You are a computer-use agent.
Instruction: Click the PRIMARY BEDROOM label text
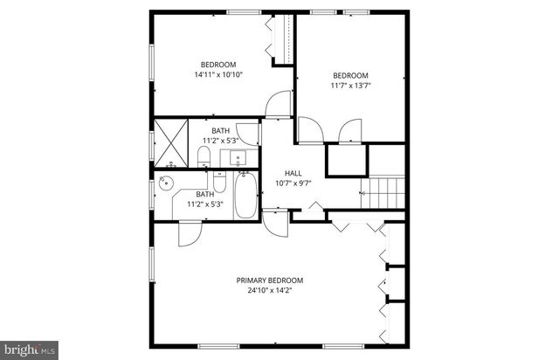click(x=270, y=280)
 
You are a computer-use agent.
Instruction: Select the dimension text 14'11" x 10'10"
click(x=217, y=75)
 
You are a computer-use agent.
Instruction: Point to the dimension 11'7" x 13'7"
click(x=349, y=86)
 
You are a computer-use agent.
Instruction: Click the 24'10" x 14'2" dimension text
click(x=270, y=290)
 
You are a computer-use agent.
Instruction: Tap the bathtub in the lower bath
click(x=246, y=197)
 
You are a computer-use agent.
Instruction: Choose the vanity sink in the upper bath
click(x=238, y=159)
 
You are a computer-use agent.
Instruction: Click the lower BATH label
click(x=204, y=194)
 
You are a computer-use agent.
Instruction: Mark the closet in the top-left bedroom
click(x=281, y=40)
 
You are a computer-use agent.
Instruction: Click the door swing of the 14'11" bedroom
click(x=278, y=104)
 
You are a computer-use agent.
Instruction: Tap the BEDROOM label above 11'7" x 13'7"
click(x=349, y=75)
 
